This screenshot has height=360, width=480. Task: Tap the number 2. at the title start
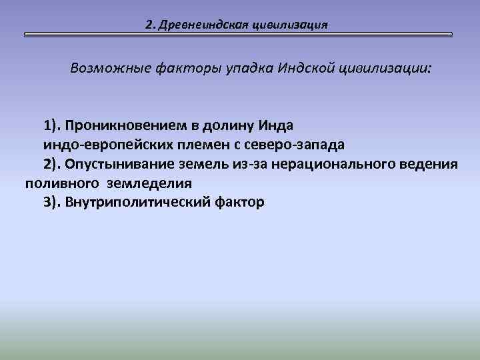[150, 25]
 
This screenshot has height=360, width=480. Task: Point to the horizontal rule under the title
[238, 34]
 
